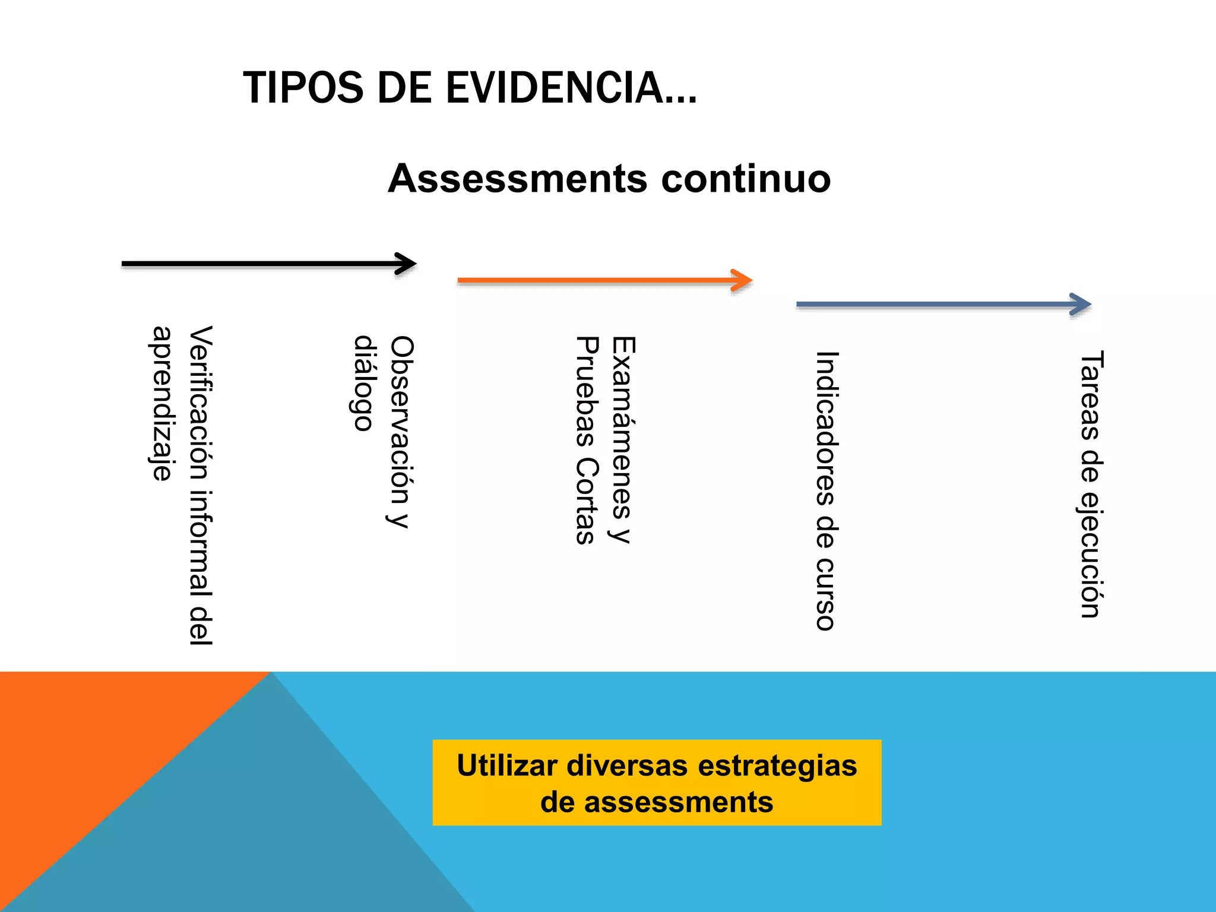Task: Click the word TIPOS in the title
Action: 303,88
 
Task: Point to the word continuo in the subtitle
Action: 746,179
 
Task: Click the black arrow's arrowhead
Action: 407,264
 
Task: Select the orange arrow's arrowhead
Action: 742,280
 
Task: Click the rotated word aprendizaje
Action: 161,403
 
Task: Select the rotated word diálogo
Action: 363,383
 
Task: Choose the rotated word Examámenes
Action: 623,427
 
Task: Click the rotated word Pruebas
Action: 586,392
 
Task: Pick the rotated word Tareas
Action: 1091,395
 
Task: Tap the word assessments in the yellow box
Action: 679,802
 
